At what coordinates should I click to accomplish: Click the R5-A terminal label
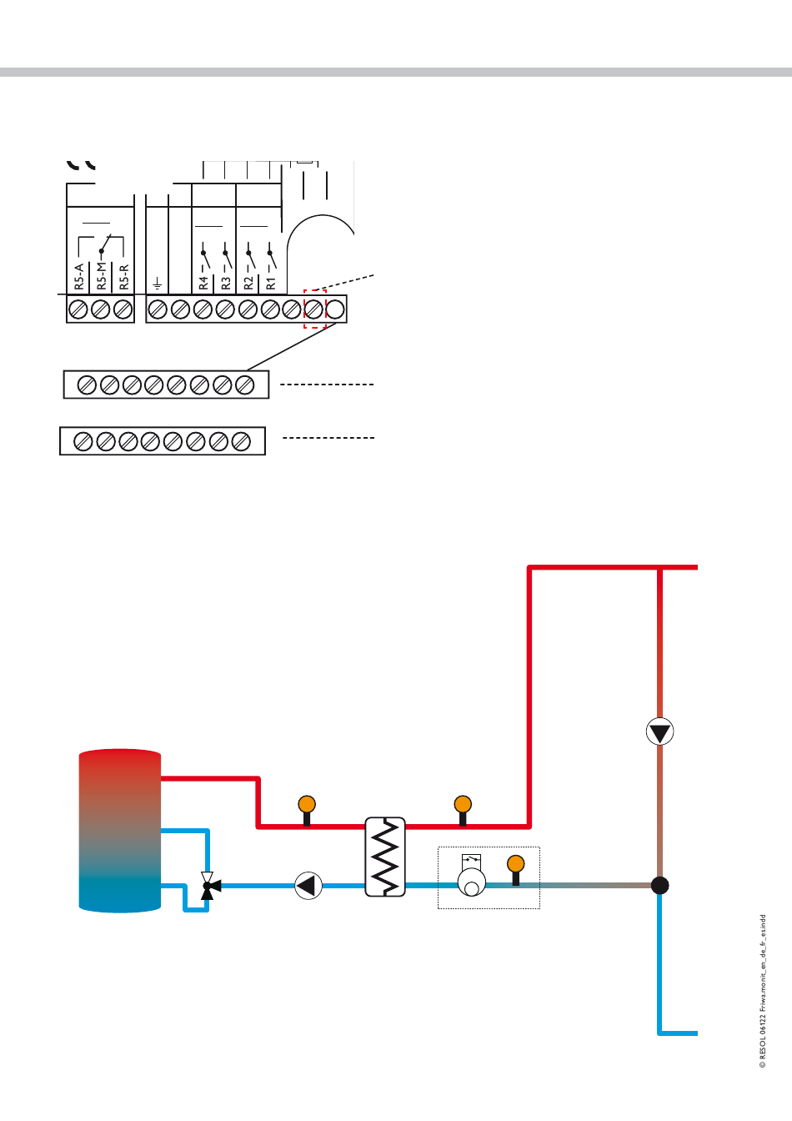coord(79,277)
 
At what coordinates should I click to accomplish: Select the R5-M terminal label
coord(102,277)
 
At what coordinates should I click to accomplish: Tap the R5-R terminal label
coord(124,277)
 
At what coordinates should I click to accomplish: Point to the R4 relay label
coord(203,284)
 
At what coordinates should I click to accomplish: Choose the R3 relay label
coord(226,284)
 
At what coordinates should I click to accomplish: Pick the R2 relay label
coord(248,284)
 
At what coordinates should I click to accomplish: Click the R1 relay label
coord(271,284)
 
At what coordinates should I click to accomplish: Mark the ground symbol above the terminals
coord(157,284)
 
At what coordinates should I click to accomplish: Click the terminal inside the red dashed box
coord(314,309)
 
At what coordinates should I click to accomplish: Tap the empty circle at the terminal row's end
coord(335,309)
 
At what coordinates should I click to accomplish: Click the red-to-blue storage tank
coord(119,831)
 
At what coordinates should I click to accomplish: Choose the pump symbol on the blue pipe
coord(308,885)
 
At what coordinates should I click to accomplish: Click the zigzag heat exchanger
coord(385,857)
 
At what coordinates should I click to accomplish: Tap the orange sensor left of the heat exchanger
coord(307,806)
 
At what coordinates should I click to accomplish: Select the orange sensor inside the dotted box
coord(516,865)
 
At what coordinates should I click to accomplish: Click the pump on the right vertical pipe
coord(659,732)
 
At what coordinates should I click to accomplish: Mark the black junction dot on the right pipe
coord(659,885)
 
